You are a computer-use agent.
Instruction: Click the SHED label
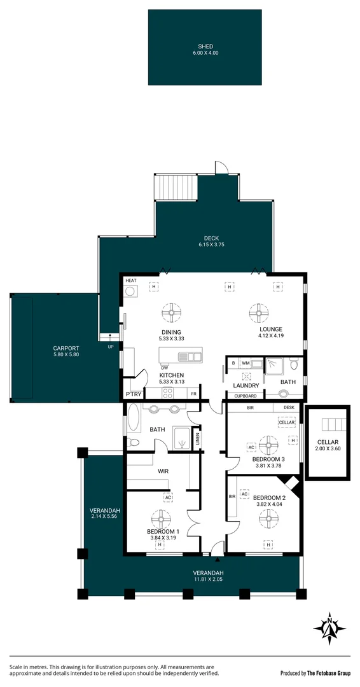point(205,46)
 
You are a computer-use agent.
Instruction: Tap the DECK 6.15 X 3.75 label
point(211,242)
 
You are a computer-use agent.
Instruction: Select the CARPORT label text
point(66,349)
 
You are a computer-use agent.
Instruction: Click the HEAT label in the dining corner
point(131,281)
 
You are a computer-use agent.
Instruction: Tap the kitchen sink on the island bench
point(190,356)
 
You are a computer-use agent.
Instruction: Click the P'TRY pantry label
point(134,394)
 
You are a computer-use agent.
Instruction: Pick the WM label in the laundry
point(246,363)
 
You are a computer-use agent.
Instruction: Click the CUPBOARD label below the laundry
point(246,396)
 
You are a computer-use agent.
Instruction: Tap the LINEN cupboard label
point(198,438)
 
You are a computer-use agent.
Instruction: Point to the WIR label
point(163,472)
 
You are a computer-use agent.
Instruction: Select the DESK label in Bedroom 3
point(289,408)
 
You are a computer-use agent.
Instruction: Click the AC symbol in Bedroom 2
point(245,493)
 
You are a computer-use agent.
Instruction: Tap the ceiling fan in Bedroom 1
point(161,519)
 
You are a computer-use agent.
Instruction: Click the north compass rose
point(329,628)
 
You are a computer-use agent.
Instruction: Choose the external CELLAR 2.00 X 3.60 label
point(328,445)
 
